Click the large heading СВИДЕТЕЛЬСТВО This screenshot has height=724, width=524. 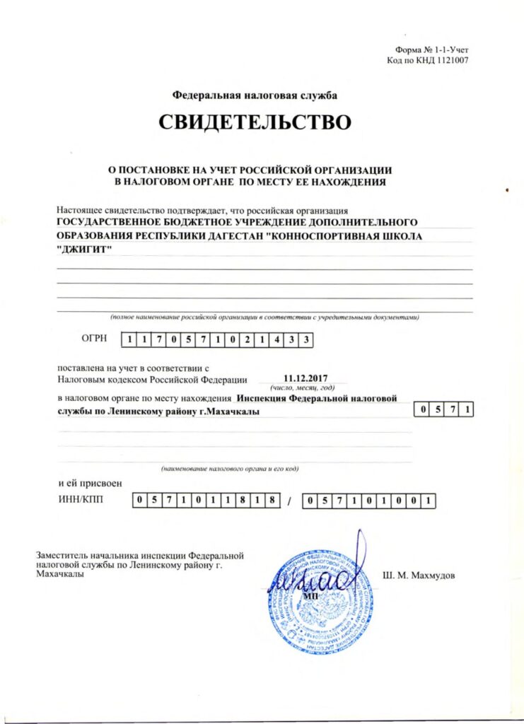point(255,123)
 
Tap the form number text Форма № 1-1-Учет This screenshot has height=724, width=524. point(432,49)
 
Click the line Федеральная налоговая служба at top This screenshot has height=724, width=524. point(255,95)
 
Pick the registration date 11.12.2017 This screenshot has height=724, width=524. point(302,378)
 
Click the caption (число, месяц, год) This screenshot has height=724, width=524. point(302,388)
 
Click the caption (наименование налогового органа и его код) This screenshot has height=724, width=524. point(231,469)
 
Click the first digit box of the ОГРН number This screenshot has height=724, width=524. point(129,340)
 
